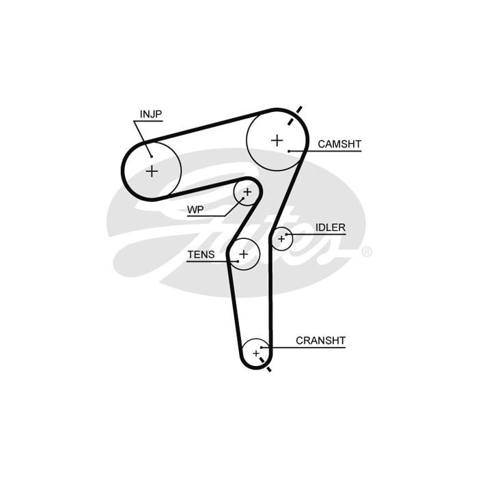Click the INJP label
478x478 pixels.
click(x=151, y=114)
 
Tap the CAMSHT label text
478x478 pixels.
click(x=339, y=144)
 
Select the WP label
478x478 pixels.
click(x=195, y=210)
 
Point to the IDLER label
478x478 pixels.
click(x=330, y=227)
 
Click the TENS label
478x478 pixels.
click(x=201, y=254)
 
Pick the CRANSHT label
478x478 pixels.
click(x=320, y=341)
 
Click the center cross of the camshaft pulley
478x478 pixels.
click(x=277, y=141)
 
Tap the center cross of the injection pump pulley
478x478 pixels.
click(x=152, y=171)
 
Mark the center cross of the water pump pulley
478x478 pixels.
click(x=247, y=192)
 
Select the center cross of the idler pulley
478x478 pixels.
click(x=281, y=239)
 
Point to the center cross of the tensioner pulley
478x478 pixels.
click(x=243, y=254)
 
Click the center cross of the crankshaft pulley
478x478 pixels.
click(x=256, y=353)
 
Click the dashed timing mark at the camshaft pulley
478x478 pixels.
click(x=295, y=115)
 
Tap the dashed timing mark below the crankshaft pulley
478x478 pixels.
click(x=265, y=364)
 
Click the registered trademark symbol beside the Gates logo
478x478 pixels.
click(x=367, y=251)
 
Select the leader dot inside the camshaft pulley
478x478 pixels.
click(x=288, y=151)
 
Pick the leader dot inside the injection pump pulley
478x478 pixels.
click(x=151, y=156)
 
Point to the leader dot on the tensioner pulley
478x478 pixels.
click(x=238, y=262)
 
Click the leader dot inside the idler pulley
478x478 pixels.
click(x=286, y=234)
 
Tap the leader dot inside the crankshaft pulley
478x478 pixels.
click(x=262, y=347)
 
